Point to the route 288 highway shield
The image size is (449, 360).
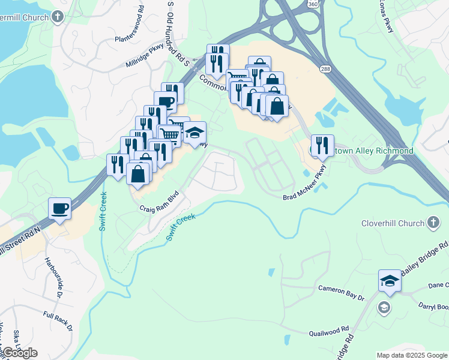coord(325,69)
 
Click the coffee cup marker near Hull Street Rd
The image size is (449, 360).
coord(60,209)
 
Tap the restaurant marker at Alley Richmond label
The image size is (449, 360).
coord(322,145)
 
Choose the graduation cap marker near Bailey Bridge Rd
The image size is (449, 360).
coord(390,281)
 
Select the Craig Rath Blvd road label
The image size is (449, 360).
coord(160,201)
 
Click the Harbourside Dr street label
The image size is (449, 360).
coord(53,277)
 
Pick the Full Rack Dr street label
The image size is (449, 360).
coord(57,321)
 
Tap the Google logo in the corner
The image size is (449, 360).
coord(20,353)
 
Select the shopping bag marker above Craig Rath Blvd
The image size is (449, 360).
coord(137,173)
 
